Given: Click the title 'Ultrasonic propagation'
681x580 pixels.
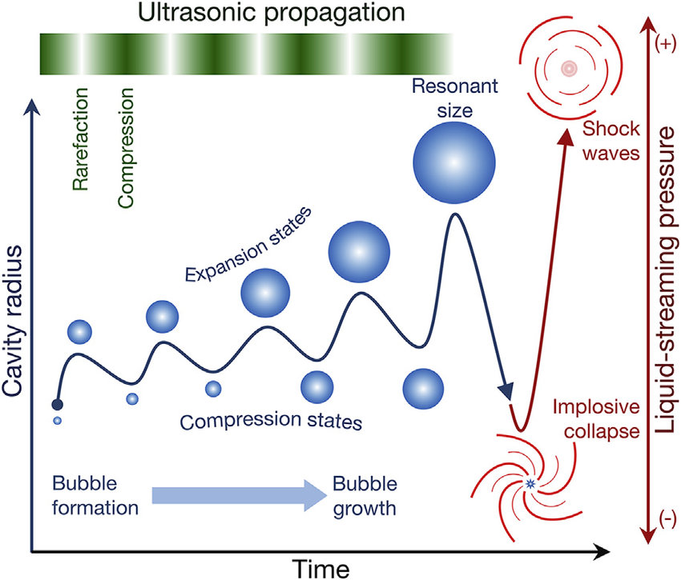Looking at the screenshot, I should pos(246,14).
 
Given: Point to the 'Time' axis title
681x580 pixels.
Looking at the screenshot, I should pos(320,567).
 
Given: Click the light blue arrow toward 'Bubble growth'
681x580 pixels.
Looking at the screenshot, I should pos(237,497).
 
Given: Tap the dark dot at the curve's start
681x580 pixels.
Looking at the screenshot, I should pos(57,405).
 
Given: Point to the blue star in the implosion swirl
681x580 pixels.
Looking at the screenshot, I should pos(530,482).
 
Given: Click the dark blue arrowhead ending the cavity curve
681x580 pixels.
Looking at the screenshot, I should pos(506,392).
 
